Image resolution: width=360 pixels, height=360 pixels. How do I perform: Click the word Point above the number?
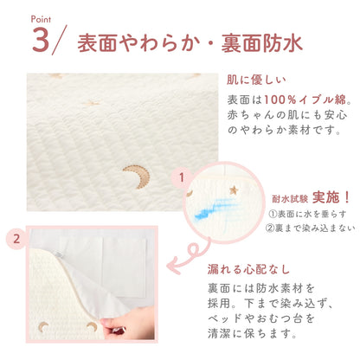coord(41,20)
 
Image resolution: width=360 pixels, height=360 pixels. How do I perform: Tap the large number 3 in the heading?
coord(40,40)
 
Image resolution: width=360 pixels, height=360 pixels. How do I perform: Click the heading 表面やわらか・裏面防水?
coord(190,43)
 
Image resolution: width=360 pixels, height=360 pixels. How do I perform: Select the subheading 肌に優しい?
coord(256,80)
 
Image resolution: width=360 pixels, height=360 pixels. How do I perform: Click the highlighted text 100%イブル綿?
coord(305,100)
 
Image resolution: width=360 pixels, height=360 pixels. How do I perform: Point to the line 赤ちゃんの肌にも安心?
coord(286,115)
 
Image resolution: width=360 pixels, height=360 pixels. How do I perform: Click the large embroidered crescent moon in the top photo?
coord(137,177)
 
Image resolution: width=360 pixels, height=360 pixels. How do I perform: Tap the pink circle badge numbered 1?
coord(182,177)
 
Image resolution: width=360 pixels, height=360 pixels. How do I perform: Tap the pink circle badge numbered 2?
coord(16,239)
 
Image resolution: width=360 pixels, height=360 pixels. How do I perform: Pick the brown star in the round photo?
coord(234,190)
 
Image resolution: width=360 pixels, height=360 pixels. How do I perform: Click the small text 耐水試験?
coord(290,199)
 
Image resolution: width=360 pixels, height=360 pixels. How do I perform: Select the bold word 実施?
coord(331,197)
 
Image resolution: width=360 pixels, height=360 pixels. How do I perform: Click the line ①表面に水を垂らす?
coord(307,214)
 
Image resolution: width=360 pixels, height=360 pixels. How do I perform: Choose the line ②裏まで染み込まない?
coord(310,228)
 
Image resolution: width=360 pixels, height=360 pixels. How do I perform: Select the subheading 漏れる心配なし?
coord(248,269)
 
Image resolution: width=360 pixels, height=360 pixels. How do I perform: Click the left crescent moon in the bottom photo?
coord(44,326)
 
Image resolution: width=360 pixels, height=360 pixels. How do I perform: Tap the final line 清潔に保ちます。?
coord(253,333)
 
